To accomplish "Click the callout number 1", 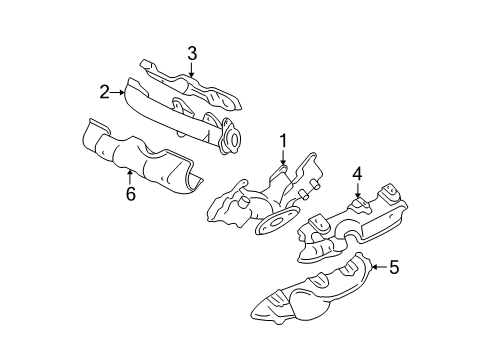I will pos(283,141).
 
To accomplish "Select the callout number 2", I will pos(104,91).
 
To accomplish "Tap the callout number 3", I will pos(191,52).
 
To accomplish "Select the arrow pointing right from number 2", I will pos(119,91).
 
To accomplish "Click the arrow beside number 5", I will pos(378,266).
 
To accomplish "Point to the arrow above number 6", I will pos(129,177).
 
